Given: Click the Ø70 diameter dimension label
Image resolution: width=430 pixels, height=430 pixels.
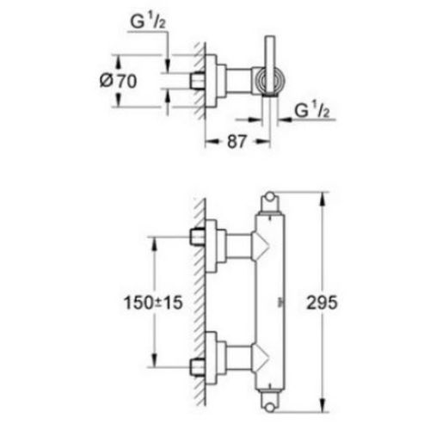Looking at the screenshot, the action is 118,81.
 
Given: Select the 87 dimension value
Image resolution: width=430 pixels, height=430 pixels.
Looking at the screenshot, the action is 236,141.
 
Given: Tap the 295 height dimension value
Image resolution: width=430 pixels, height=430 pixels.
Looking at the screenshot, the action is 322,303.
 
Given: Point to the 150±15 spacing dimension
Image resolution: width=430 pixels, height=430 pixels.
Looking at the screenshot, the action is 153,303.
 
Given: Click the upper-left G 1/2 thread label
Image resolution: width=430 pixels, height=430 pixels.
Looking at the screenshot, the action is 148,21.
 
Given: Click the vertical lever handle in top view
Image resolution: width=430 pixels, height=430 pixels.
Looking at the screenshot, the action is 270,66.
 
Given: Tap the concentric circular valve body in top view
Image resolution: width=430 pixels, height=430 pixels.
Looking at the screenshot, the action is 270,81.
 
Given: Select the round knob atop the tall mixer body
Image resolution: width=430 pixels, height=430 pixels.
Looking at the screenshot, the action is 270,197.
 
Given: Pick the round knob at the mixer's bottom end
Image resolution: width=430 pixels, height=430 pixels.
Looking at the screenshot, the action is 270,408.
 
